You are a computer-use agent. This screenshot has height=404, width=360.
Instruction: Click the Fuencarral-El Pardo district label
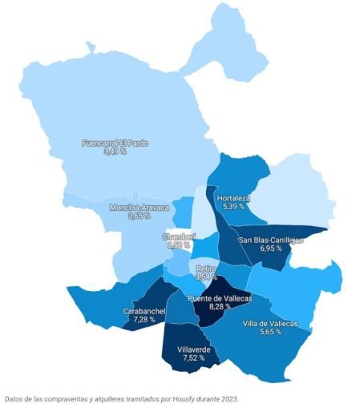(115, 143)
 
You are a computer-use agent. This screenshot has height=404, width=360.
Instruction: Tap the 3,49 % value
(115, 151)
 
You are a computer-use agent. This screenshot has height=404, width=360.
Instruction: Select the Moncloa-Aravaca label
(140, 208)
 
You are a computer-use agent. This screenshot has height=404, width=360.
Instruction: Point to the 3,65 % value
(139, 216)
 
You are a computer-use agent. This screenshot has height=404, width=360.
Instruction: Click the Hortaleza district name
(233, 198)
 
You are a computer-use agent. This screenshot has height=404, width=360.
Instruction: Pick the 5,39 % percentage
(233, 206)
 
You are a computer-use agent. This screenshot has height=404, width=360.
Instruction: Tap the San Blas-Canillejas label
(271, 240)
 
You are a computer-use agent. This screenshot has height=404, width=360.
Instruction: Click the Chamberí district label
(178, 236)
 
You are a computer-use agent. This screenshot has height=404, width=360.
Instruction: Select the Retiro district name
(206, 268)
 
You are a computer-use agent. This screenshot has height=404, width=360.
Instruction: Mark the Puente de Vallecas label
(220, 298)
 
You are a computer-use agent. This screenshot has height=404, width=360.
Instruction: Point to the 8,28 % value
(220, 306)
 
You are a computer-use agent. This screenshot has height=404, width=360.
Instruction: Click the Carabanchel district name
(144, 311)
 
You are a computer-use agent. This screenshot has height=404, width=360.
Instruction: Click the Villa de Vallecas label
(270, 323)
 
